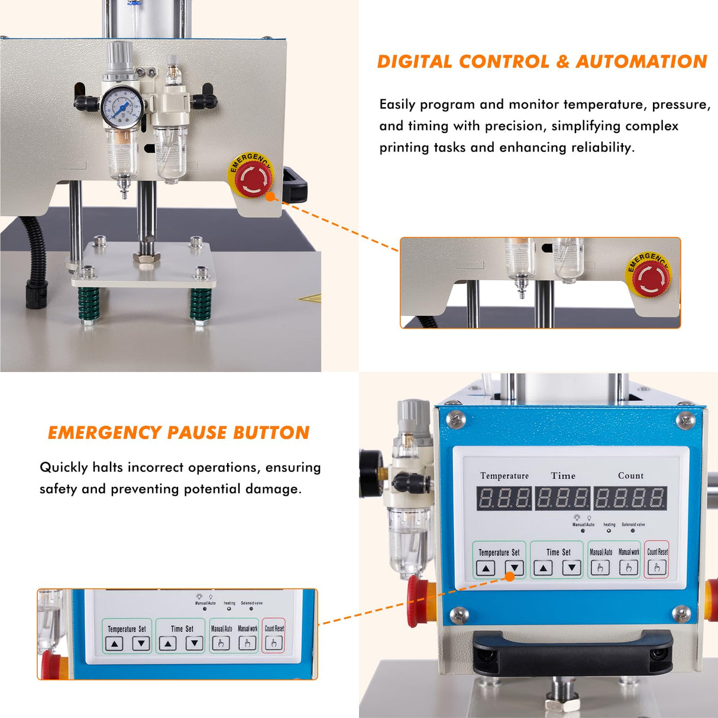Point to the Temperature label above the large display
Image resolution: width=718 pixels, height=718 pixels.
coord(504,476)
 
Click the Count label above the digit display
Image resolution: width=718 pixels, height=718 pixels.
coord(630,476)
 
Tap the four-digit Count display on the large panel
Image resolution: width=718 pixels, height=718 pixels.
coord(630,498)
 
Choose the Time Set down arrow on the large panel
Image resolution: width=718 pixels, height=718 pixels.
coord(571,568)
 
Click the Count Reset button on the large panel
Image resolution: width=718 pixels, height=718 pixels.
coord(656,568)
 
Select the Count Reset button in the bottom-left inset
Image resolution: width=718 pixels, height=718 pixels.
coord(274,643)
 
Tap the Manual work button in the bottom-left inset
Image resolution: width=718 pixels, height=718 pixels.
coord(247,643)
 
